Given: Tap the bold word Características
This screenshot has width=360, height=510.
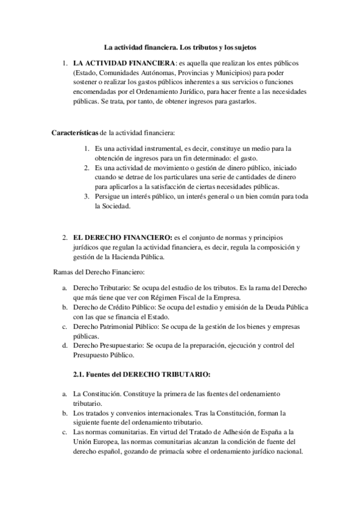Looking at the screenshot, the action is tap(75, 132).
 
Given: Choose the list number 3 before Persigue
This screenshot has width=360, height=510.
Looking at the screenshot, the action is tap(87, 196).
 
